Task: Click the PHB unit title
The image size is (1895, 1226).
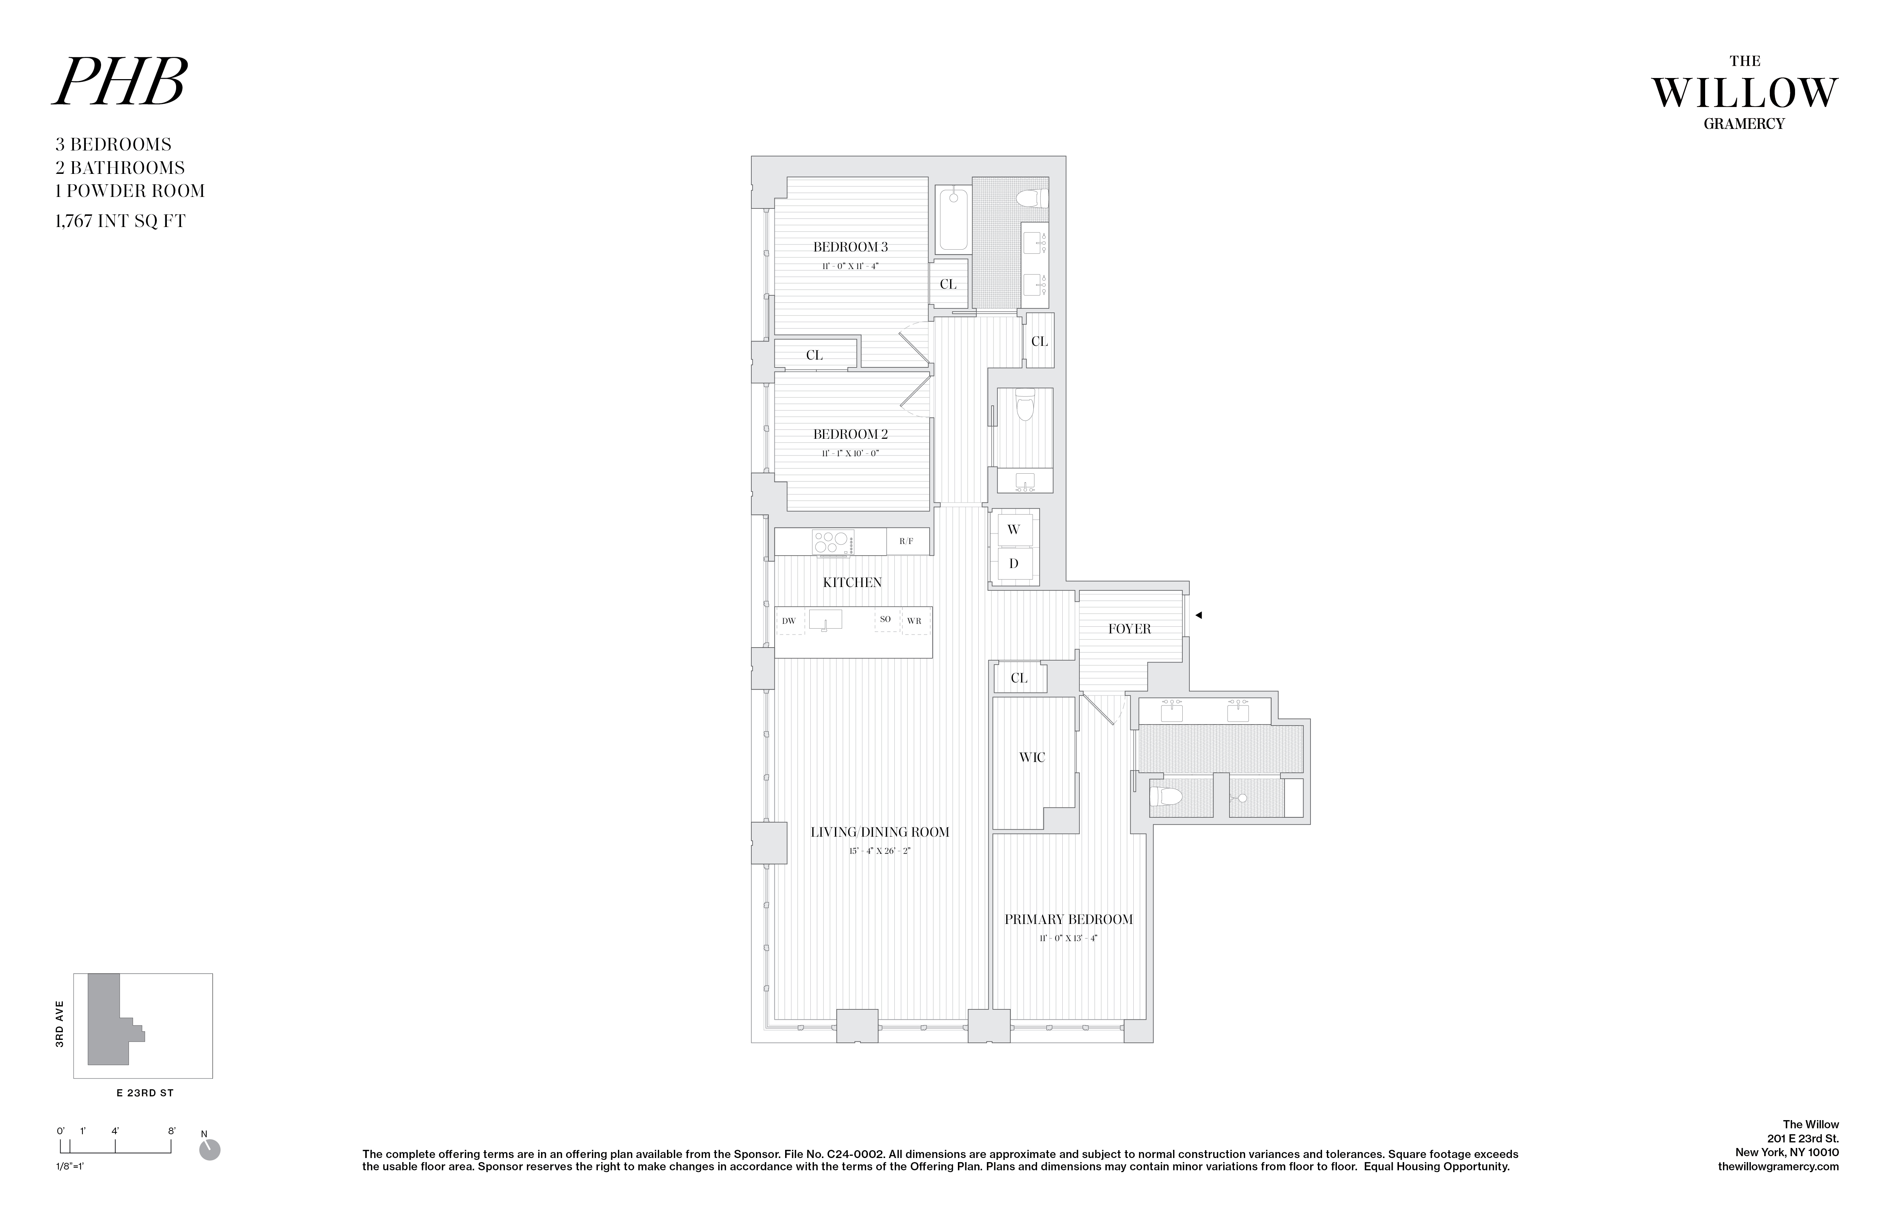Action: pyautogui.click(x=119, y=83)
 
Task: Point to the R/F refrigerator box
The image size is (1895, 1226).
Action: pyautogui.click(x=906, y=541)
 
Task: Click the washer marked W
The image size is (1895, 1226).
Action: pyautogui.click(x=1014, y=529)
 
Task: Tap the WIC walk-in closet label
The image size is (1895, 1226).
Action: pyautogui.click(x=1032, y=757)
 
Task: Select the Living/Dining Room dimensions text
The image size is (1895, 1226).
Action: pyautogui.click(x=879, y=851)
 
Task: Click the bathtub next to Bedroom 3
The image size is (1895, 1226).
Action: pyautogui.click(x=953, y=219)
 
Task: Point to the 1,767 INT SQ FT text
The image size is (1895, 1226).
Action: pyautogui.click(x=120, y=221)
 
